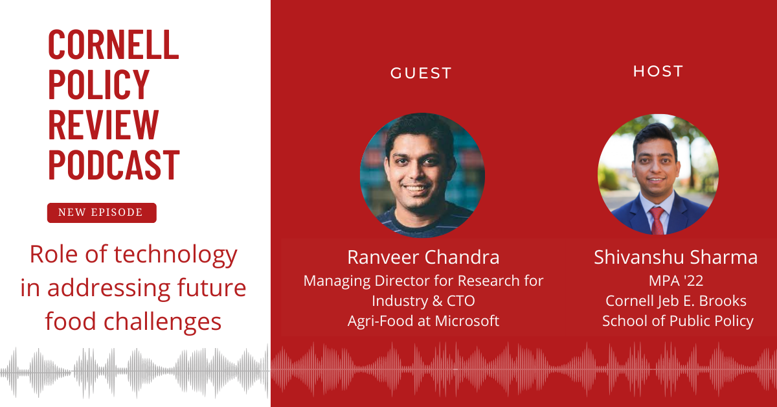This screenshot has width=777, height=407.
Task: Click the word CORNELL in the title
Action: click(x=113, y=45)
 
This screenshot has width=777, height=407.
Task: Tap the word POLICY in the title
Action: click(x=99, y=84)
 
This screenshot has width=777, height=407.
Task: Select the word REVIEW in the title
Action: click(x=104, y=124)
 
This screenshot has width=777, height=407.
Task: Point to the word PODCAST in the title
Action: click(x=114, y=165)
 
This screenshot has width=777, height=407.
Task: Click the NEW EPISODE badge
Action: click(x=102, y=213)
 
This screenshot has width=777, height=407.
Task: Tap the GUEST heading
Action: click(x=421, y=73)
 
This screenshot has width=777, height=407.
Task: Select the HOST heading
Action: click(x=658, y=71)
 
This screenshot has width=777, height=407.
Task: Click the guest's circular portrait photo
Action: click(x=422, y=175)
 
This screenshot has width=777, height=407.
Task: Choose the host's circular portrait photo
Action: click(x=658, y=174)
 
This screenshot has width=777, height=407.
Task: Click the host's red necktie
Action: click(x=657, y=220)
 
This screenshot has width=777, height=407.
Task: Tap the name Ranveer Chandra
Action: click(x=423, y=257)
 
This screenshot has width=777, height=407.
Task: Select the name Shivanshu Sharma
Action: click(x=676, y=257)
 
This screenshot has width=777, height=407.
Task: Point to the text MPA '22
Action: click(x=676, y=281)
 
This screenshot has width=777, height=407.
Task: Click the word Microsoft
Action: click(x=467, y=321)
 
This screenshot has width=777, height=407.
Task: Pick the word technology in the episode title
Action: click(x=175, y=255)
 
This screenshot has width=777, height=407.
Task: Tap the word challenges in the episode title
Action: click(x=163, y=322)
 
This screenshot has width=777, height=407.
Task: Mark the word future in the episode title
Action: click(x=212, y=288)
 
